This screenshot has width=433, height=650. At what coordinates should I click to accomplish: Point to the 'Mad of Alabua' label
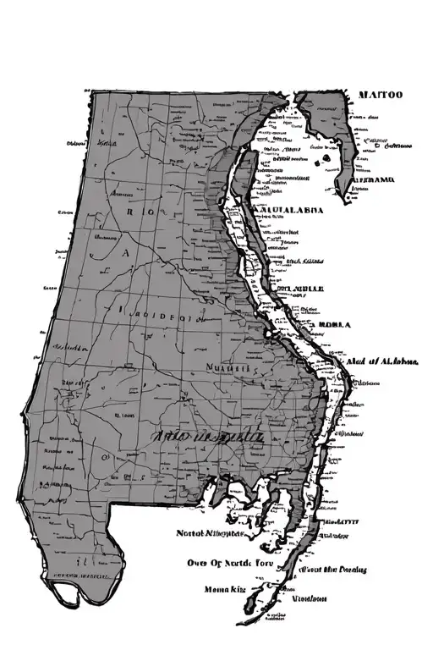tap(381, 362)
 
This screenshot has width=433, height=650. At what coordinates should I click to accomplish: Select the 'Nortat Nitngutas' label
tap(211, 534)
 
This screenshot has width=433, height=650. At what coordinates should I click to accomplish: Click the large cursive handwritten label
tap(208, 437)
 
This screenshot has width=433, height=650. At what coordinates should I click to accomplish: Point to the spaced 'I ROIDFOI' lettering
tap(158, 320)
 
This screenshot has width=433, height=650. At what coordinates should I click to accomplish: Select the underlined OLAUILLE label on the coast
tap(296, 289)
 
